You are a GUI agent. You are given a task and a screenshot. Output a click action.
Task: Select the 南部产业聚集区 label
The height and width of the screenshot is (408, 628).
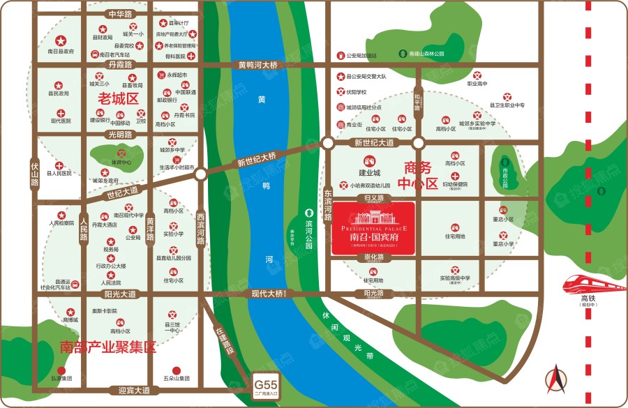tap(107, 347)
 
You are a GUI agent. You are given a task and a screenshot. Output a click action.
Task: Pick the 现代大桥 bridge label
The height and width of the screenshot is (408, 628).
tap(267, 294)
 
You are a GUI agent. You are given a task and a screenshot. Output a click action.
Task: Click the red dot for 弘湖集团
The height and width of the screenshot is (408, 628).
tap(61, 370)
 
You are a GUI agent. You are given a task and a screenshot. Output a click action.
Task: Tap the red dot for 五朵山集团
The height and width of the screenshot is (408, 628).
tap(177, 370)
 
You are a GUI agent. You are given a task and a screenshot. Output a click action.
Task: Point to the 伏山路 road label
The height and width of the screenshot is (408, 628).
tap(35, 174)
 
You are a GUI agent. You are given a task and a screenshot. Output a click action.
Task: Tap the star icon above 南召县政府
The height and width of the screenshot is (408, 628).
tap(61, 40)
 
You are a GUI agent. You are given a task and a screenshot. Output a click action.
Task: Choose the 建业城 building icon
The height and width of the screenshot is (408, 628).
tap(369, 161)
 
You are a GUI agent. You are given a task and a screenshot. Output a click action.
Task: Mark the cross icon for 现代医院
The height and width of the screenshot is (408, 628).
tap(61, 112)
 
